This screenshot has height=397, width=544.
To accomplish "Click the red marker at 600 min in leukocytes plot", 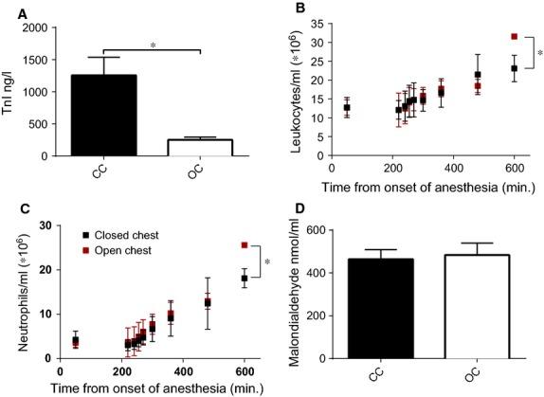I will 515,37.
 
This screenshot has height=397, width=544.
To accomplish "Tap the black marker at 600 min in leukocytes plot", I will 515,68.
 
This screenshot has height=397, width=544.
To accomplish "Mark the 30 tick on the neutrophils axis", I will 44,226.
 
